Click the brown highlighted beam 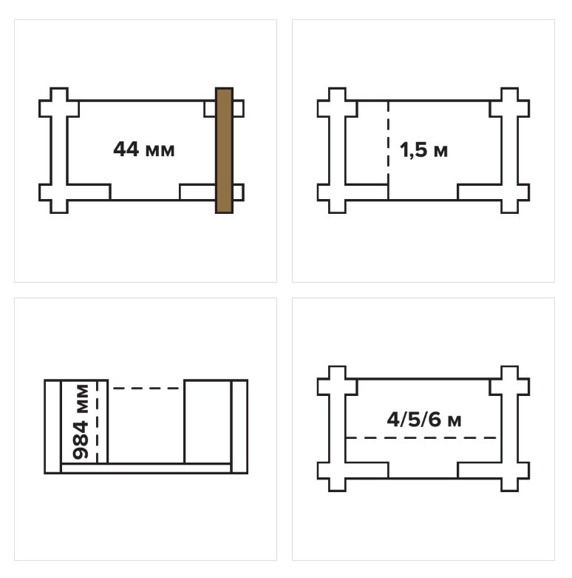224,150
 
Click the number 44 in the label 126,149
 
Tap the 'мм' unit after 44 160,151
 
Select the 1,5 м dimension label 423,150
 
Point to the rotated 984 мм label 81,422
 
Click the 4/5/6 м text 424,420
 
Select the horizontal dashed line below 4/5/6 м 422,438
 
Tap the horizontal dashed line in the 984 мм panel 146,388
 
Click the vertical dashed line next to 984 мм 97,422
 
